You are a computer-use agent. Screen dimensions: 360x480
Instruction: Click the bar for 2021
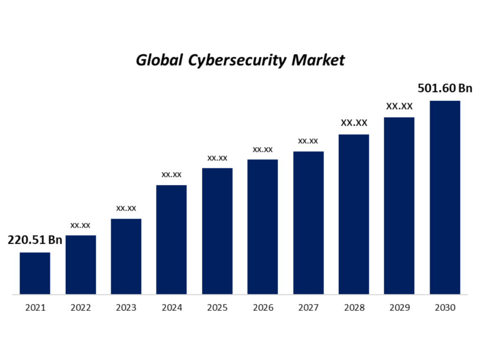pos(35,273)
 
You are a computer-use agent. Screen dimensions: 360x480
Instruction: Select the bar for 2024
pos(171,240)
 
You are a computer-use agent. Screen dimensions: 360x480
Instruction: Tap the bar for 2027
pos(308,223)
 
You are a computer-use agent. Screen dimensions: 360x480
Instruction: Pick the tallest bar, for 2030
pos(445,197)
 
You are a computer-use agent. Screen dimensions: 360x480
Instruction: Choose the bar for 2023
pos(126,256)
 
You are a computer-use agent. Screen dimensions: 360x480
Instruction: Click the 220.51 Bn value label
pos(35,240)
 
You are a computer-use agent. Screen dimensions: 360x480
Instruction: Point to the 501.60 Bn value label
pos(444,88)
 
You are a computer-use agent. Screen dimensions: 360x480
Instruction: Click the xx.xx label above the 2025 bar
pos(217,158)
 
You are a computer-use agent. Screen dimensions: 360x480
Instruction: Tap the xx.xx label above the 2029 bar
pos(399,106)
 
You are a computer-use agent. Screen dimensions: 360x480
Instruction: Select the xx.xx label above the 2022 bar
pos(80,225)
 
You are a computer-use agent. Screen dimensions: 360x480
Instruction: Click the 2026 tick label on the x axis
pos(262,308)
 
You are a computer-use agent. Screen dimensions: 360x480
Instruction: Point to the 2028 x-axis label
pos(354,308)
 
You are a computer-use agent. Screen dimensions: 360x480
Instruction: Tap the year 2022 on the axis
pos(80,308)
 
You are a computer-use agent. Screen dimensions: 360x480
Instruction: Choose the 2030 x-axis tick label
pos(445,308)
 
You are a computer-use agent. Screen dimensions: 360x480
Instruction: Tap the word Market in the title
pos(318,60)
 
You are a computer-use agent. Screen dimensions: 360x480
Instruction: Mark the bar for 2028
pos(353,214)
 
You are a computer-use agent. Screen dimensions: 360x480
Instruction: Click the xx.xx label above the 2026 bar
pos(262,150)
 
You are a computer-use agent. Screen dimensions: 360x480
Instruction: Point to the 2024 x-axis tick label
pos(171,308)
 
